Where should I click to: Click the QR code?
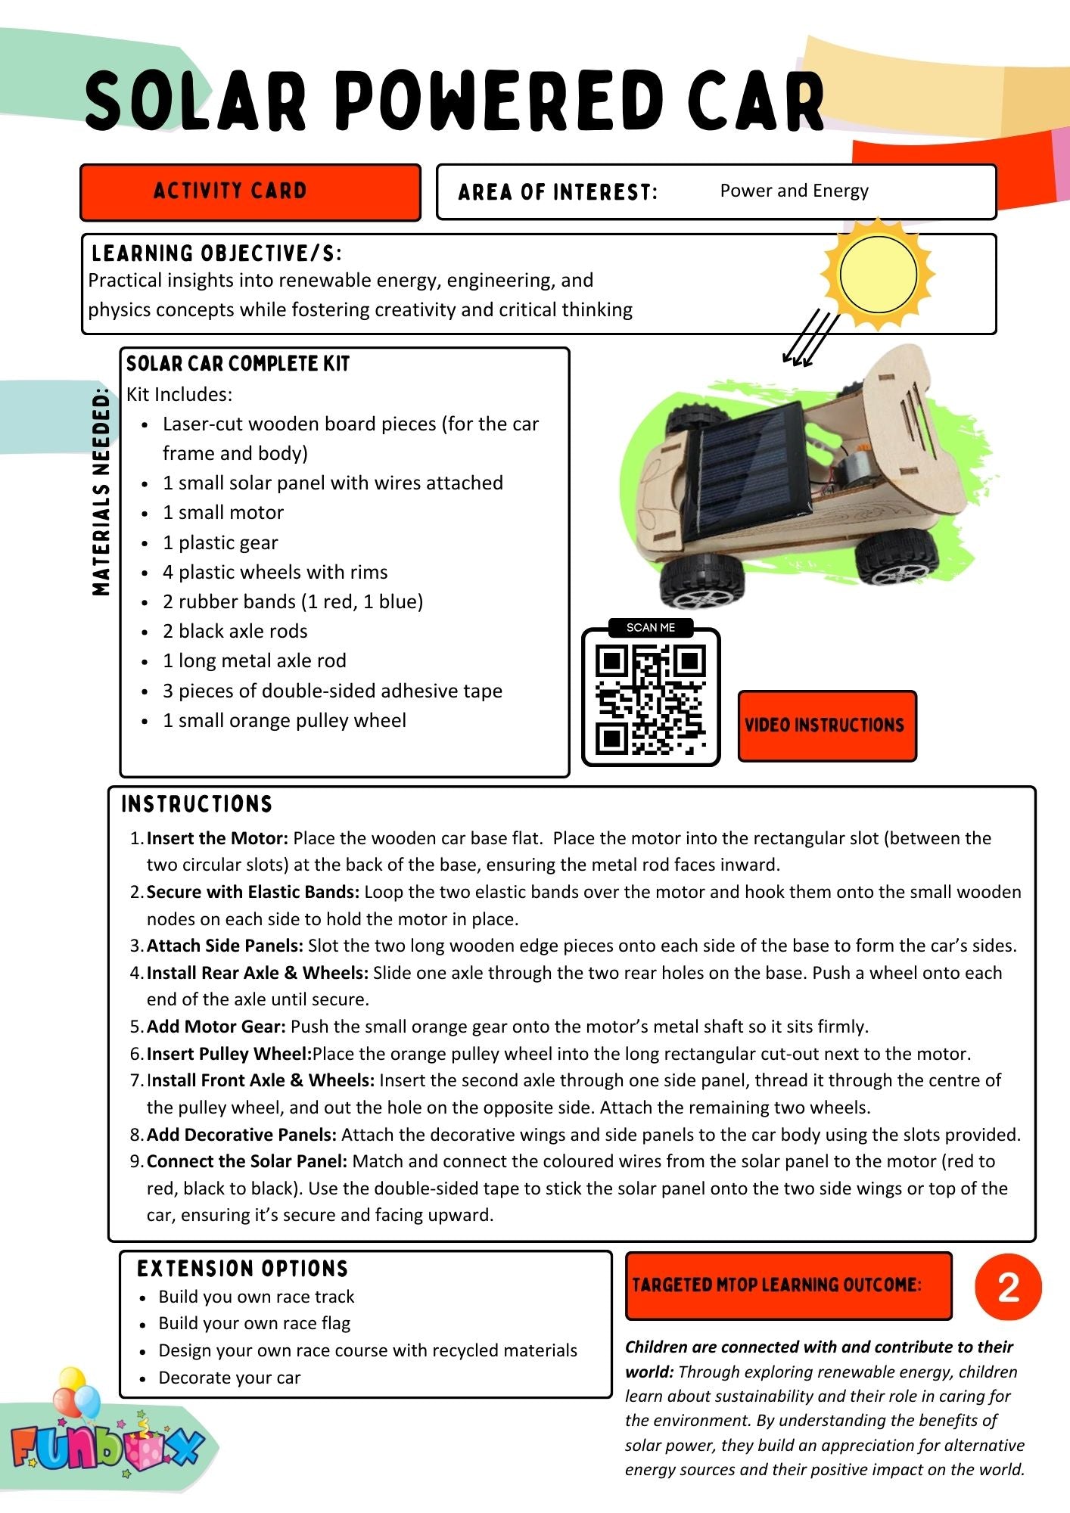point(651,699)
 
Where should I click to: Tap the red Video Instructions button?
point(826,725)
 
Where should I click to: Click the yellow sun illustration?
point(878,274)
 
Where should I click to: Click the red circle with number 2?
point(1008,1287)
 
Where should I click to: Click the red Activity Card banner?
point(250,192)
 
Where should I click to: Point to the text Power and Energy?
point(794,191)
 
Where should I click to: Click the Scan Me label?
point(651,628)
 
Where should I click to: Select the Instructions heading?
point(197,804)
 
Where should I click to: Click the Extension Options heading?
point(242,1269)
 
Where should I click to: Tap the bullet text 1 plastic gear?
point(220,542)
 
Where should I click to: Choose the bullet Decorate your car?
point(229,1378)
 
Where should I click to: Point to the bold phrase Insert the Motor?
point(217,838)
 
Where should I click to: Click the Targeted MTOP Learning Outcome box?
point(788,1285)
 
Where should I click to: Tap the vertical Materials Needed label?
point(101,492)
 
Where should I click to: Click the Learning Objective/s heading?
point(216,253)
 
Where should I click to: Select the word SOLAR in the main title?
point(196,101)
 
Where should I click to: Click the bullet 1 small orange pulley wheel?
point(285,720)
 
